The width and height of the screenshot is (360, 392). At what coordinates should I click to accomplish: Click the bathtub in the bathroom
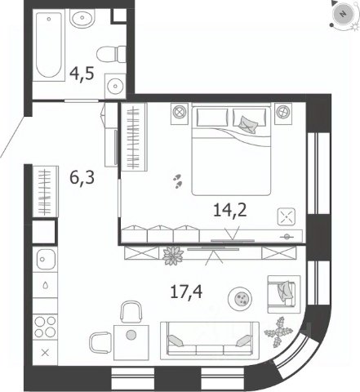click(49, 45)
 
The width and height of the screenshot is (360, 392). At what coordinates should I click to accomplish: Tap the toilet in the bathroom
click(112, 54)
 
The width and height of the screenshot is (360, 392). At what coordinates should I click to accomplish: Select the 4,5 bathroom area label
click(82, 74)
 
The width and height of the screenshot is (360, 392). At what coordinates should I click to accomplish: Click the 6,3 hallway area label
click(82, 178)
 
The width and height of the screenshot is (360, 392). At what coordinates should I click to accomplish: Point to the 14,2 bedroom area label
click(230, 210)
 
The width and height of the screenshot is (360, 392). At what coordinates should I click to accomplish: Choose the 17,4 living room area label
click(186, 292)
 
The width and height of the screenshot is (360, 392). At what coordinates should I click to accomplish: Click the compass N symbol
click(344, 14)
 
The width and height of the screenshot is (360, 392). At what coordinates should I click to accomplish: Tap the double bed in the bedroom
click(231, 149)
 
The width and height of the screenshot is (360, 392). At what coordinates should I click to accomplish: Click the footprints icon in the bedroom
click(178, 181)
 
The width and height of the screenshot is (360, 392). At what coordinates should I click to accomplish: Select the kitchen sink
click(46, 259)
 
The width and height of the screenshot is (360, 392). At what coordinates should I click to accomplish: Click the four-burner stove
click(45, 327)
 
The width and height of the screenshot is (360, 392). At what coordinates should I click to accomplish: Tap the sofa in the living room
click(210, 341)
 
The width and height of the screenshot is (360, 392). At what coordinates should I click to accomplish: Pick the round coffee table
click(240, 299)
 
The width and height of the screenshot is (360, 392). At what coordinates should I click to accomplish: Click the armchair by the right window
click(284, 294)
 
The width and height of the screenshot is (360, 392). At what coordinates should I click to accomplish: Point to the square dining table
click(131, 342)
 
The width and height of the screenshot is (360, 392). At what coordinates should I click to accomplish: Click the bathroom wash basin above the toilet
click(82, 18)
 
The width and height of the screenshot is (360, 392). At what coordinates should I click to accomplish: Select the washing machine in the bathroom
click(115, 87)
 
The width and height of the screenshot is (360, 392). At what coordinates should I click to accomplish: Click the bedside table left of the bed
click(180, 114)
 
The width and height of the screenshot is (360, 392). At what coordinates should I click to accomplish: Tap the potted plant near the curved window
click(278, 332)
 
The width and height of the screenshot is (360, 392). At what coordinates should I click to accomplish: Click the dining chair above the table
click(131, 312)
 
